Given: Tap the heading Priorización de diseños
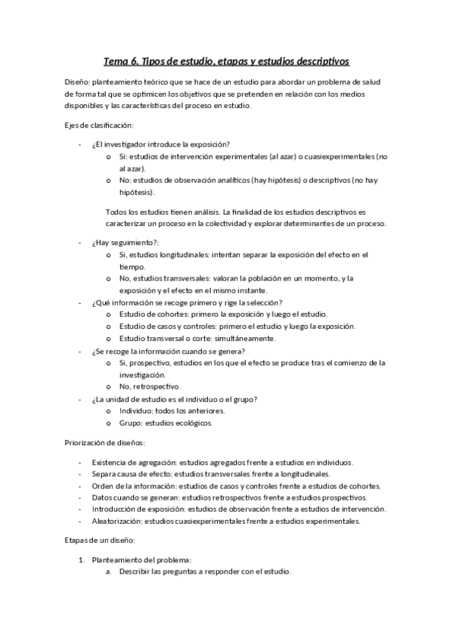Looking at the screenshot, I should click(104, 441).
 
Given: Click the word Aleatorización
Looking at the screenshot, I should click(116, 522).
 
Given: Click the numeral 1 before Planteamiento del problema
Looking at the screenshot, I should click(82, 560).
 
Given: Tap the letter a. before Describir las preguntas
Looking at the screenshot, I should click(109, 572).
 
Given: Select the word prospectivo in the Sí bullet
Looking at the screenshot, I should click(150, 363).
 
